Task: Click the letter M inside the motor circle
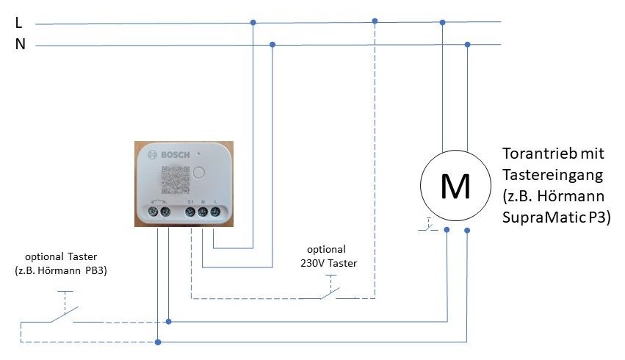click(x=455, y=187)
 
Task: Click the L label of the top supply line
click(x=19, y=23)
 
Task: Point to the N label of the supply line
click(x=21, y=45)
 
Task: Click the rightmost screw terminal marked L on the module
click(x=215, y=212)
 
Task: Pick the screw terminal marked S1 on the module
click(x=190, y=212)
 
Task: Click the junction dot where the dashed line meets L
click(x=375, y=21)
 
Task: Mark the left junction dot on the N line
click(x=272, y=45)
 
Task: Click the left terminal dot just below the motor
click(x=447, y=231)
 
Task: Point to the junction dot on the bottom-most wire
click(x=158, y=342)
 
